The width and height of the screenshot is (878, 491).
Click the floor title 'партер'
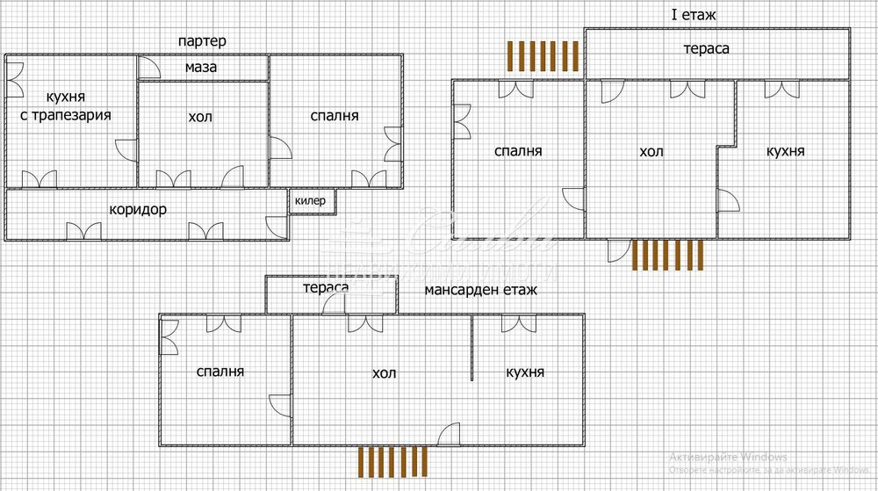pyautogui.click(x=201, y=41)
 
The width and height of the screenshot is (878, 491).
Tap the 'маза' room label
pyautogui.click(x=201, y=67)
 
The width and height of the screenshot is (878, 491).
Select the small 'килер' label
pyautogui.click(x=310, y=201)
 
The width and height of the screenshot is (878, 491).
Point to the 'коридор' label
pyautogui.click(x=138, y=210)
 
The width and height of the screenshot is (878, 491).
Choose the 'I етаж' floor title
pyautogui.click(x=687, y=14)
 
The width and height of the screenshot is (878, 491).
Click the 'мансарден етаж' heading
pyautogui.click(x=479, y=288)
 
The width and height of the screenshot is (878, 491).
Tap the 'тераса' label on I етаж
pyautogui.click(x=707, y=48)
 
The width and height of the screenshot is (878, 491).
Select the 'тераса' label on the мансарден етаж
pyautogui.click(x=326, y=287)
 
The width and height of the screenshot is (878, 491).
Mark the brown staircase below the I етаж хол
pyautogui.click(x=667, y=255)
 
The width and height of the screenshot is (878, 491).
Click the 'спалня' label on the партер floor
pyautogui.click(x=335, y=115)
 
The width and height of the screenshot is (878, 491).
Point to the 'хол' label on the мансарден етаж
pyautogui.click(x=384, y=373)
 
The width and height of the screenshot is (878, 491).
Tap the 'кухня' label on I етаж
pyautogui.click(x=785, y=151)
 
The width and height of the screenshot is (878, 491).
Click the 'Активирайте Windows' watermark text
pyautogui.click(x=728, y=457)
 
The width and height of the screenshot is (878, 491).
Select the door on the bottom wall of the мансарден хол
pyautogui.click(x=449, y=434)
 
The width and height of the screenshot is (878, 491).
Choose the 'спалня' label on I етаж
pyautogui.click(x=518, y=151)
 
